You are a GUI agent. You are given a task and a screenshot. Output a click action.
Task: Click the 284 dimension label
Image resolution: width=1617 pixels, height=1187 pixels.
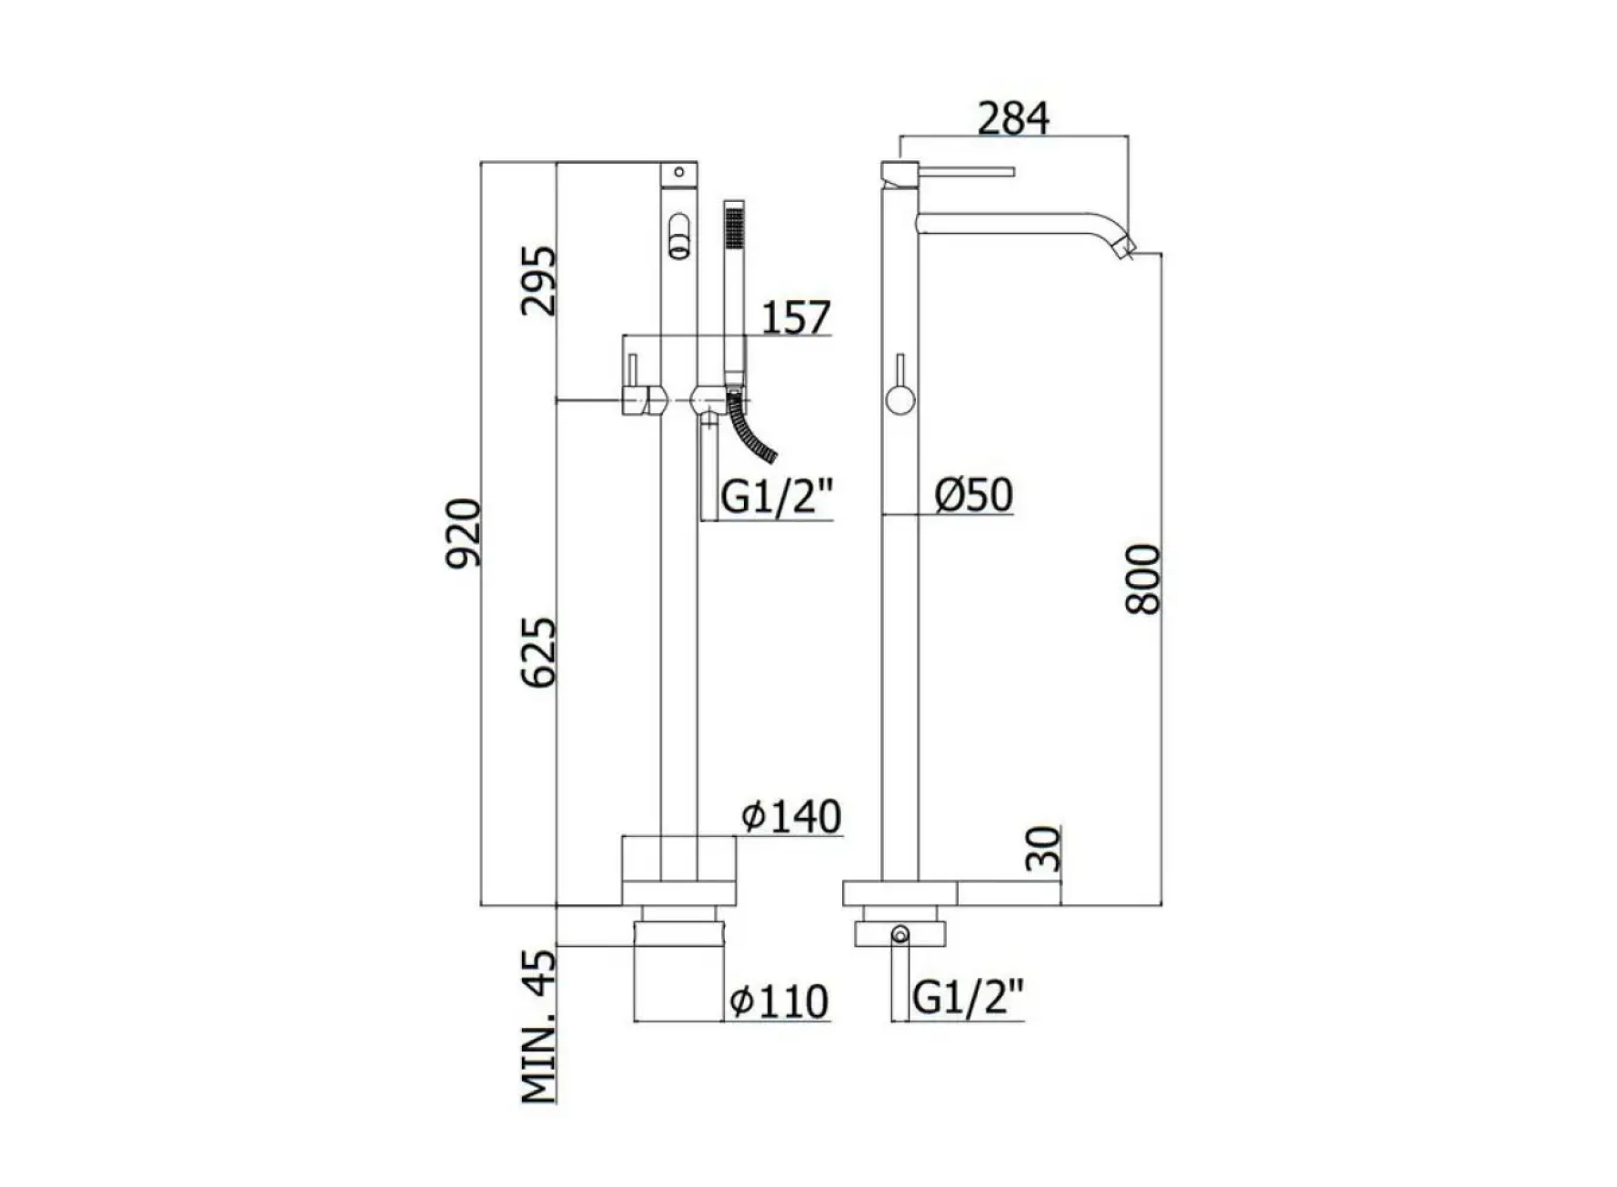pyautogui.click(x=1013, y=117)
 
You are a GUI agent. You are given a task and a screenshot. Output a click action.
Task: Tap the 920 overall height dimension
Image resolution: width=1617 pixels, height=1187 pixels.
pyautogui.click(x=463, y=533)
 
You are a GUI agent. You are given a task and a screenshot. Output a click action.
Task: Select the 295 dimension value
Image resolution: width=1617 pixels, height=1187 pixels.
pyautogui.click(x=537, y=280)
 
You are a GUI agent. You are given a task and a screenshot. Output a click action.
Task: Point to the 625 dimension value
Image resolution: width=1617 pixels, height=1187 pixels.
pyautogui.click(x=537, y=652)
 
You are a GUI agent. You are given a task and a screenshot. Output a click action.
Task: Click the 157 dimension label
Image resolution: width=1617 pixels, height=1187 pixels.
pyautogui.click(x=796, y=317)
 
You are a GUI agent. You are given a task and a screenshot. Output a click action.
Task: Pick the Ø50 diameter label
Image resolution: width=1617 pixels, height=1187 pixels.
pyautogui.click(x=973, y=495)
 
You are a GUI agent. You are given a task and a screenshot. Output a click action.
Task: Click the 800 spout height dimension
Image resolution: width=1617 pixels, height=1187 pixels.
pyautogui.click(x=1143, y=579)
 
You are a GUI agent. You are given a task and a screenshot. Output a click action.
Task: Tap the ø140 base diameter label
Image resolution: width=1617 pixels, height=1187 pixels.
pyautogui.click(x=791, y=816)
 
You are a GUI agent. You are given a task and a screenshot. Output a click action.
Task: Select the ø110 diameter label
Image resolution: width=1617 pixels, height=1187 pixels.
pyautogui.click(x=779, y=1001)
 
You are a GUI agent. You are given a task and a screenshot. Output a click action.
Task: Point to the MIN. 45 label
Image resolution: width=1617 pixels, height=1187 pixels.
pyautogui.click(x=538, y=1026)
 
